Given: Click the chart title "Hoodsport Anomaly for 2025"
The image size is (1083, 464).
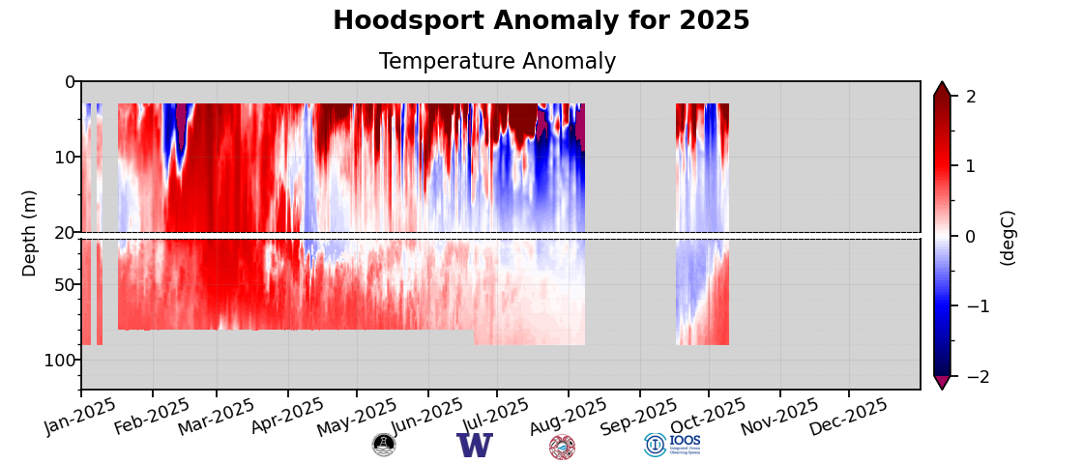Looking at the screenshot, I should click(x=541, y=21).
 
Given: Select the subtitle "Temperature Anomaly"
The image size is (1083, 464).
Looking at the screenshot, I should click(x=497, y=62).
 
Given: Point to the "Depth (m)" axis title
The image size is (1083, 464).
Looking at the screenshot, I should click(x=30, y=233).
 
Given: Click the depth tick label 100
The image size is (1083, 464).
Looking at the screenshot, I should click(x=60, y=361).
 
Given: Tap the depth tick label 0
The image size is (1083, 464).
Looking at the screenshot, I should click(x=70, y=82).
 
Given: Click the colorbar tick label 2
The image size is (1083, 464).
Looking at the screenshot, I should click(x=971, y=97).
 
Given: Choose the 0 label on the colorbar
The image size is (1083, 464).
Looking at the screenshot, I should click(x=971, y=237).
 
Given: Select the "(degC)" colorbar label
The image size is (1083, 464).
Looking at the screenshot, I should click(x=1008, y=237).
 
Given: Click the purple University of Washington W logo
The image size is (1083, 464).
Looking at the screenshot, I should click(x=475, y=446).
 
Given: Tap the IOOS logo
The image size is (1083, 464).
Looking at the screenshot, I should click(x=673, y=445).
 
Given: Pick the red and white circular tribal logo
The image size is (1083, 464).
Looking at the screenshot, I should click(x=562, y=447).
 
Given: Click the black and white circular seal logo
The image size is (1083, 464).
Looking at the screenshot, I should click(x=384, y=445).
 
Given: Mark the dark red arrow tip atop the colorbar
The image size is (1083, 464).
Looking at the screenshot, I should click(x=942, y=89).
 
